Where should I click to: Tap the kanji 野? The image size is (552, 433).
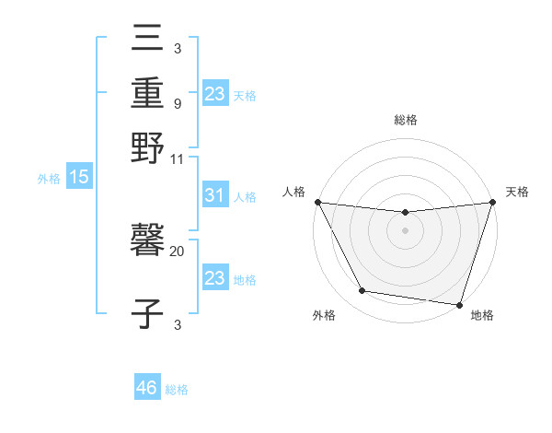click(147, 147)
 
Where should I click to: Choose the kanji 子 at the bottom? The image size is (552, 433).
click(147, 310)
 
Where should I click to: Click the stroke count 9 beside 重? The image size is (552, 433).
click(177, 103)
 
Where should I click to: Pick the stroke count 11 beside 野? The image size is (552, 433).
click(178, 158)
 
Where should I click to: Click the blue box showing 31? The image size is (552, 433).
click(214, 196)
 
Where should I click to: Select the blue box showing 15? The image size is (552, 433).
click(79, 177)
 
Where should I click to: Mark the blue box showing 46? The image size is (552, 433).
click(147, 388)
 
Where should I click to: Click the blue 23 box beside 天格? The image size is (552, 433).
click(214, 94)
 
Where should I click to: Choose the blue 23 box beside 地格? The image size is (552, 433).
click(214, 278)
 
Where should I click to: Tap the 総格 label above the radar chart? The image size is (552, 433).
click(406, 120)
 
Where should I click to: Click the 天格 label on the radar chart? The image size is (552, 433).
click(518, 192)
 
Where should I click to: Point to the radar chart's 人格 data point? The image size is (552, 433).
click(317, 202)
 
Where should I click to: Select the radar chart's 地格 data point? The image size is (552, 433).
click(459, 304)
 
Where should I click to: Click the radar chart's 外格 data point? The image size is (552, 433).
click(362, 291)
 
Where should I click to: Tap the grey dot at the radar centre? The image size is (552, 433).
click(406, 230)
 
